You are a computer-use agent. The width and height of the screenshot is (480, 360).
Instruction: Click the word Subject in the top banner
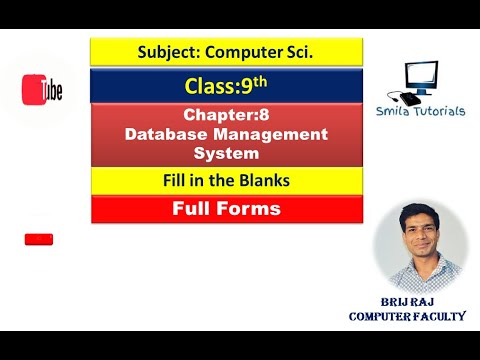165,51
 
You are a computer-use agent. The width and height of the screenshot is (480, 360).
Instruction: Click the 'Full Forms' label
226,209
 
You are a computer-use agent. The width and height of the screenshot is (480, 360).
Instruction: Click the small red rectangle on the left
39,239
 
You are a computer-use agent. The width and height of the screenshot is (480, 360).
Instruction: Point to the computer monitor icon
421,78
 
